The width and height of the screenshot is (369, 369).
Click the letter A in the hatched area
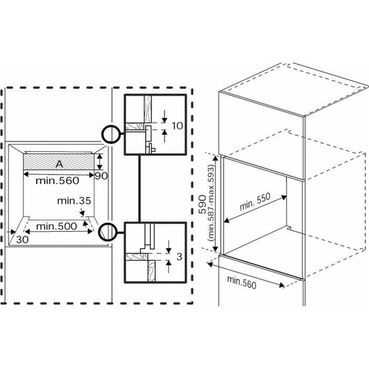[59, 165]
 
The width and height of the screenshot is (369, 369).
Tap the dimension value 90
[101, 176]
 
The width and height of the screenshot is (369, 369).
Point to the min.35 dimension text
[74, 201]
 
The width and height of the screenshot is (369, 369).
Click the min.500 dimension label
[56, 225]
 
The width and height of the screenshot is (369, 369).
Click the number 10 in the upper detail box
[177, 125]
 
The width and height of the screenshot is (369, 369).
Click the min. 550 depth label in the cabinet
[255, 201]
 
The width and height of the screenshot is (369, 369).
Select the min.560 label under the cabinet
[241, 282]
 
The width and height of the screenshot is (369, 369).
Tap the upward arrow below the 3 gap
[169, 266]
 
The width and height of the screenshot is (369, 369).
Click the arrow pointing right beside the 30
[12, 232]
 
